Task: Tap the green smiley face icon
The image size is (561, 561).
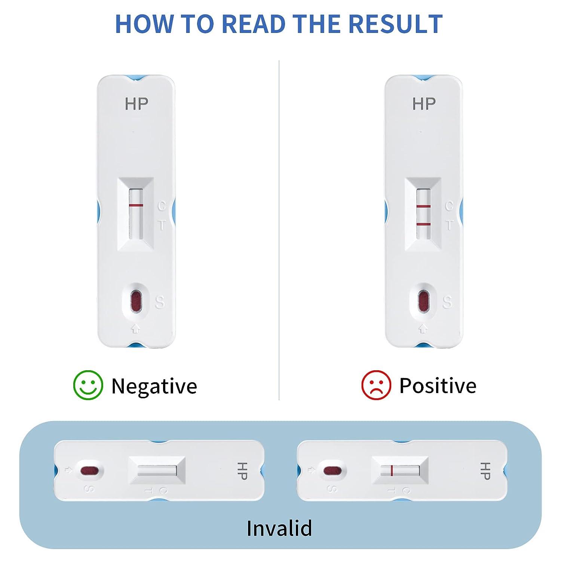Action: coord(88,385)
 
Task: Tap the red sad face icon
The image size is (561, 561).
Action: coord(376,385)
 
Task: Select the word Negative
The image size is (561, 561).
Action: coord(154,386)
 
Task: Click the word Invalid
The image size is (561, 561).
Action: coord(279,528)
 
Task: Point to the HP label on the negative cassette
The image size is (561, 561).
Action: coord(136,104)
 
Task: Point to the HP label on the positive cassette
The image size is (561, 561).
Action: coord(424,104)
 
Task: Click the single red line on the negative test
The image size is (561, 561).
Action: coord(136,205)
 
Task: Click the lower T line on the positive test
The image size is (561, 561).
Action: coord(423,224)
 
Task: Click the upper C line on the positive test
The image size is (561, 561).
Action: coord(423,206)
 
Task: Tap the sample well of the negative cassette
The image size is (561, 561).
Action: coord(135,301)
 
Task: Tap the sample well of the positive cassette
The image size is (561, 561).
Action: coord(423,301)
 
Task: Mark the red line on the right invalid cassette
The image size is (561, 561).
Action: coord(391,470)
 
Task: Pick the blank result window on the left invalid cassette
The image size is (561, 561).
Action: coord(157,470)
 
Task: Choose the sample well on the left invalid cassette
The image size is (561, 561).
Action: coord(90,470)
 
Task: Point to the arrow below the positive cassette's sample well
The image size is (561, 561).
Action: coord(423,329)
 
